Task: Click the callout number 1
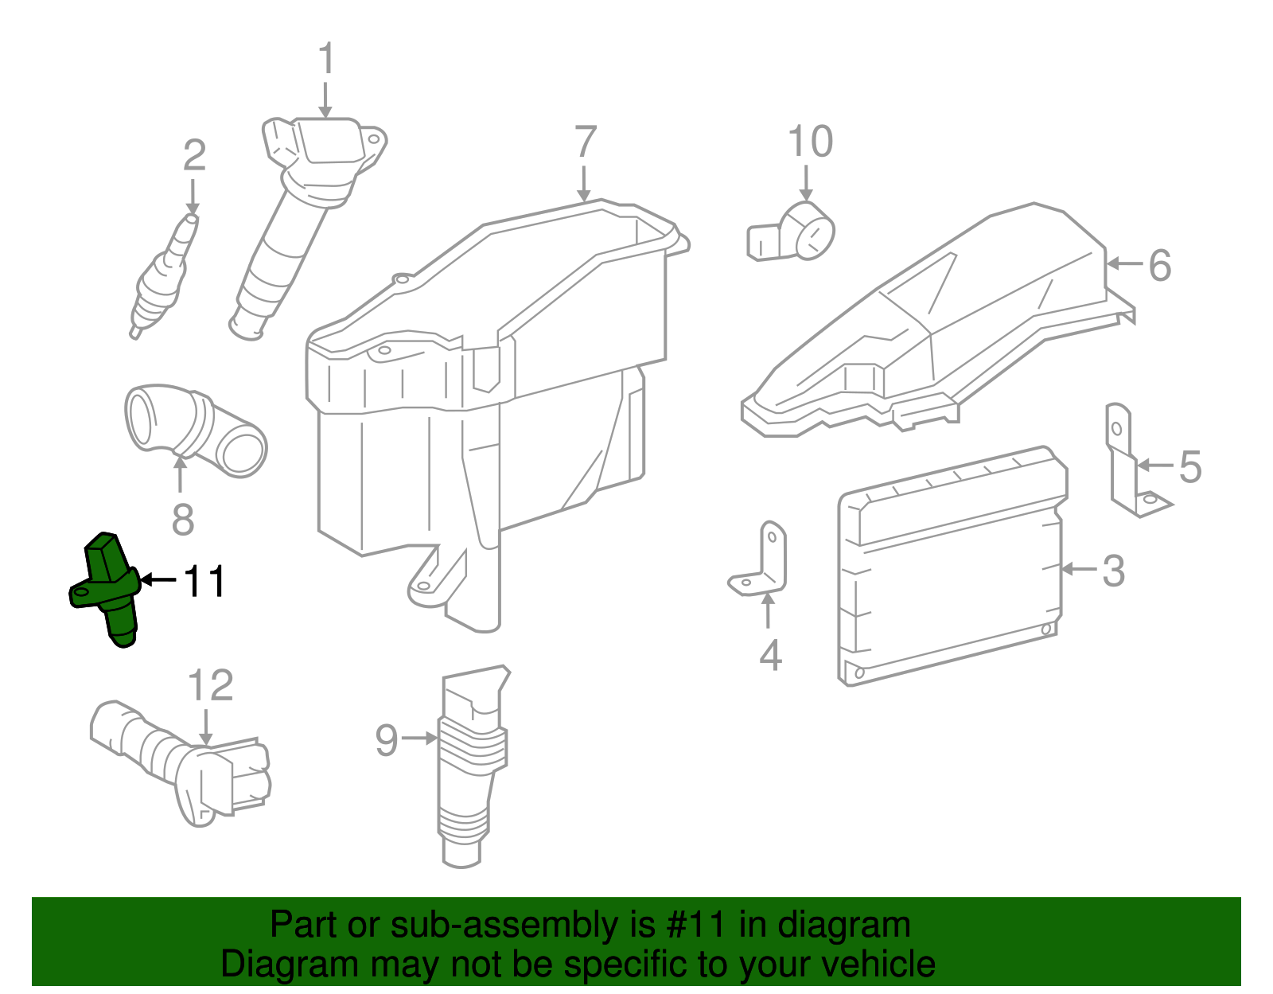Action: click(325, 60)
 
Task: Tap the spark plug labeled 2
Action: click(163, 275)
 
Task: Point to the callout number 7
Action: click(586, 142)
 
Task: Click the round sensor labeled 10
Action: click(796, 233)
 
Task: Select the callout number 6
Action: click(1160, 265)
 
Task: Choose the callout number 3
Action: click(1114, 571)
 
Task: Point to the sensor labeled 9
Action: click(469, 764)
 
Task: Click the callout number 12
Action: click(210, 686)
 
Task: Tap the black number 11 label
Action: click(204, 582)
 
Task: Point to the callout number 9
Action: click(386, 740)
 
